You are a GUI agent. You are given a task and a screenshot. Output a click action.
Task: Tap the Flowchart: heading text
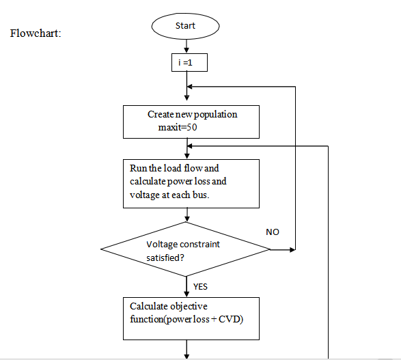36,33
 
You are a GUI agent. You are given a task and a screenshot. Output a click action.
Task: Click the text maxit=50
178,127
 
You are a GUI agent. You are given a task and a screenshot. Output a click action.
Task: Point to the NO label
273,232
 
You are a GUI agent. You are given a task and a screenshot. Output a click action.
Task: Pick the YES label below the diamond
200,287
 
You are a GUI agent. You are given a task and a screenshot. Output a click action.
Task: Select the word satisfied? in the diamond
165,258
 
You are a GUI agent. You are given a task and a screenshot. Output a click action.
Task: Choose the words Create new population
193,114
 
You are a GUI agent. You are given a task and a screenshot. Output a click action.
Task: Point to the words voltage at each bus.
169,195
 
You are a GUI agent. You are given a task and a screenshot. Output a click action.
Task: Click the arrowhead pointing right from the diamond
292,249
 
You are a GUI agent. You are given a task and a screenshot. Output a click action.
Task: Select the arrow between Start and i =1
186,46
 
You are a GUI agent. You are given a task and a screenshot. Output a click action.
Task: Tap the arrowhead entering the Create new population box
186,98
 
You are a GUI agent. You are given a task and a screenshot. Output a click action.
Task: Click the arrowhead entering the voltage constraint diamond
187,219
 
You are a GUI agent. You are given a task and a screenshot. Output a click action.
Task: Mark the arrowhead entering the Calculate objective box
186,294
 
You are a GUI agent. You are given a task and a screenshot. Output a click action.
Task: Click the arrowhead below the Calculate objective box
186,356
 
